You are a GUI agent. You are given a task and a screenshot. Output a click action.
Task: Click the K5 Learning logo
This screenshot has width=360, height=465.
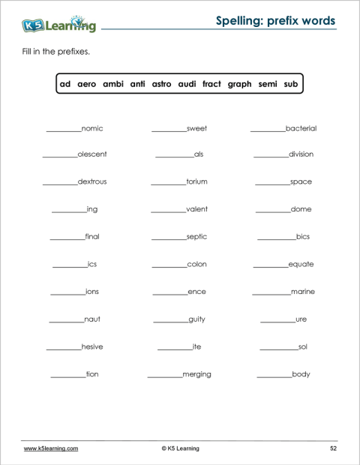59,24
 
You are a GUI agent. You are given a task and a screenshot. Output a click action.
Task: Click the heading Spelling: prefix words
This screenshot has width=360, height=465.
275,20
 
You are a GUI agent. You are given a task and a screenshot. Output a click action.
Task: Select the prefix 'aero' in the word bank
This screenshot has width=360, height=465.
87,84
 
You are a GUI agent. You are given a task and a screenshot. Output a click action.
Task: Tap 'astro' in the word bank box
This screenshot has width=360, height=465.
161,84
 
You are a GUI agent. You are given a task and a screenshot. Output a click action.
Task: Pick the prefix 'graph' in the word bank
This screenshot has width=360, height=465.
239,84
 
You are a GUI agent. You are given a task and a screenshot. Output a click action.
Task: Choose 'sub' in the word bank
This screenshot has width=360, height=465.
291,84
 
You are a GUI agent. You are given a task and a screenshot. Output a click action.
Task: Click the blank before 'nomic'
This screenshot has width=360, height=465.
63,130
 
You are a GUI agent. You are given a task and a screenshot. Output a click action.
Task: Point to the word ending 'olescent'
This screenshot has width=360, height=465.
92,154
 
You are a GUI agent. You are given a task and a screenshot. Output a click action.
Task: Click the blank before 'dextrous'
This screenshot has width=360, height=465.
59,184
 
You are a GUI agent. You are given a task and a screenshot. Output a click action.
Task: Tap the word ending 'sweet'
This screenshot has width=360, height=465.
196,129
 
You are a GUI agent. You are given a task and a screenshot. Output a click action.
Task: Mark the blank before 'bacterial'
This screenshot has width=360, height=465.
267,130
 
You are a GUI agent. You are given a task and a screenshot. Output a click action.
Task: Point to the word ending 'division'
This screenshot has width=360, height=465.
301,154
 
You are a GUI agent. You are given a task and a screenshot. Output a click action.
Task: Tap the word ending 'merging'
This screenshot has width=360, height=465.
196,374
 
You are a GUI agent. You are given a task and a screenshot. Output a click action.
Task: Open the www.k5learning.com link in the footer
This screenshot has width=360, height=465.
51,448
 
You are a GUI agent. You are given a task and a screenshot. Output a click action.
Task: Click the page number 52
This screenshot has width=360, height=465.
333,448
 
